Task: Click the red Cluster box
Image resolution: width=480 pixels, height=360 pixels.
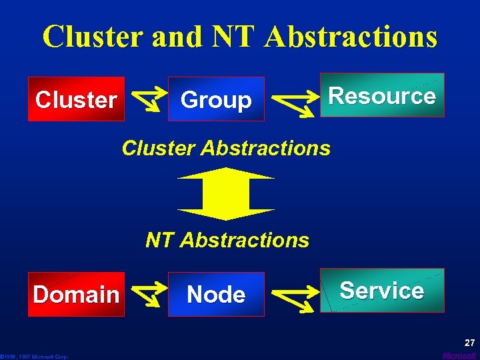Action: [x=76, y=99]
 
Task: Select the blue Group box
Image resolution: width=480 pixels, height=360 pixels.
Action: [x=216, y=99]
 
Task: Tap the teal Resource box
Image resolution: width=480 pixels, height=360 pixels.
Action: [x=382, y=95]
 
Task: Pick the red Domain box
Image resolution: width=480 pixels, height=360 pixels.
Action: [x=76, y=294]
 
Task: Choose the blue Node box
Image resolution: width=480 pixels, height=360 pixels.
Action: [x=216, y=294]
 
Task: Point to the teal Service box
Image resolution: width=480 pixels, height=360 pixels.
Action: [x=382, y=290]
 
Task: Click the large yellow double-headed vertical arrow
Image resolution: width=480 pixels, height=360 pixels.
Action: [x=226, y=194]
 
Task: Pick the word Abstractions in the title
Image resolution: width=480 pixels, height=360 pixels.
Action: [x=351, y=37]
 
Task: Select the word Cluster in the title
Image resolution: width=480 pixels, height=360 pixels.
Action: [x=93, y=37]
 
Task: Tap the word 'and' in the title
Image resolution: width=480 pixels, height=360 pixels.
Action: [x=176, y=37]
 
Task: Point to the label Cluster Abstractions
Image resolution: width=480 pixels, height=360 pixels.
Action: [x=226, y=147]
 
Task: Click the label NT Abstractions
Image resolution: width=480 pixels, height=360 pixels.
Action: [x=227, y=239]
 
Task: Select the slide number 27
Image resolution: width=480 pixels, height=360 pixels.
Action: [x=469, y=343]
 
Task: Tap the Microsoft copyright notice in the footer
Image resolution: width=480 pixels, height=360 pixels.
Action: [x=35, y=357]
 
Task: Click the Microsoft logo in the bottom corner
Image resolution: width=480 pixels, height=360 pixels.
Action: [x=460, y=356]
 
